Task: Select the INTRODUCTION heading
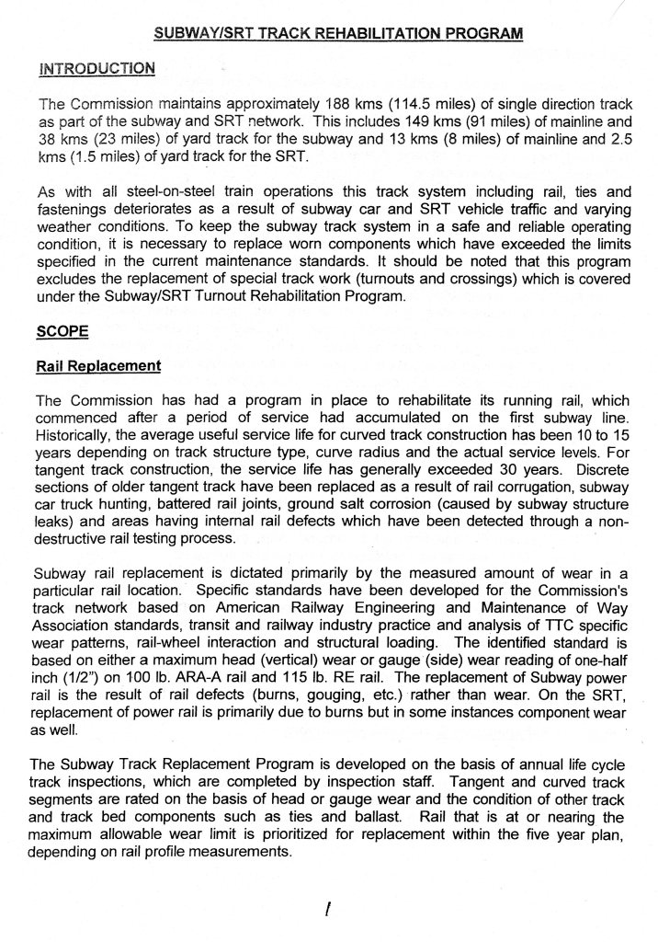pyautogui.click(x=96, y=69)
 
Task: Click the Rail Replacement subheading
pyautogui.click(x=97, y=366)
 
